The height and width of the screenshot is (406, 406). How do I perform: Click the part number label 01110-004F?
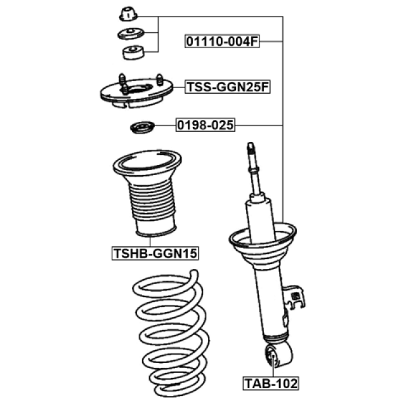pyautogui.click(x=222, y=41)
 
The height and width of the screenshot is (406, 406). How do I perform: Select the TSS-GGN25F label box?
pyautogui.click(x=227, y=87)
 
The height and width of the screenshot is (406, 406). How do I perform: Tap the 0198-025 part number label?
pyautogui.click(x=206, y=125)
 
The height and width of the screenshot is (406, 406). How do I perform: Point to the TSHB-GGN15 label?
pyautogui.click(x=155, y=253)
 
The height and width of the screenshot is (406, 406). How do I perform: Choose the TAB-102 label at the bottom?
pyautogui.click(x=271, y=383)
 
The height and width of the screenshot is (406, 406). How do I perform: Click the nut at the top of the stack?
pyautogui.click(x=128, y=14)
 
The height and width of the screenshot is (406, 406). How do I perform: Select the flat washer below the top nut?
pyautogui.click(x=131, y=34)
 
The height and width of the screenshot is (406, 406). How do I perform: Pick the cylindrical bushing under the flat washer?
pyautogui.click(x=133, y=53)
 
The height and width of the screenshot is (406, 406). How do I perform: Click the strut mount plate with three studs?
pyautogui.click(x=136, y=91)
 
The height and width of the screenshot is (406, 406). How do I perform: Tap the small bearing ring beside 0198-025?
pyautogui.click(x=142, y=127)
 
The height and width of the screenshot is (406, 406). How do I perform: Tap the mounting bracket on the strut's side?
pyautogui.click(x=294, y=298)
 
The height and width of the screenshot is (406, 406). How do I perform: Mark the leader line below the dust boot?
pyautogui.click(x=150, y=241)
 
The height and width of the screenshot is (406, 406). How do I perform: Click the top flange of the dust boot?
pyautogui.click(x=147, y=163)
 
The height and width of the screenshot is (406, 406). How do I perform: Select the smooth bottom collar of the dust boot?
pyautogui.click(x=156, y=228)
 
